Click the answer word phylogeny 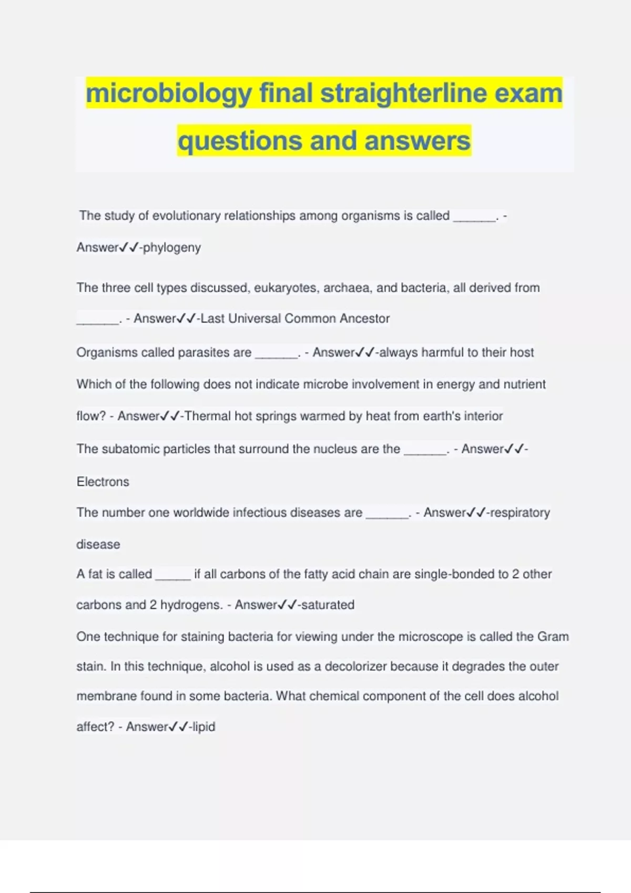[x=171, y=247]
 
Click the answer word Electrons [x=103, y=482]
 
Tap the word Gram [x=553, y=637]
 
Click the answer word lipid [x=203, y=727]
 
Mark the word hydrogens [x=191, y=605]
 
